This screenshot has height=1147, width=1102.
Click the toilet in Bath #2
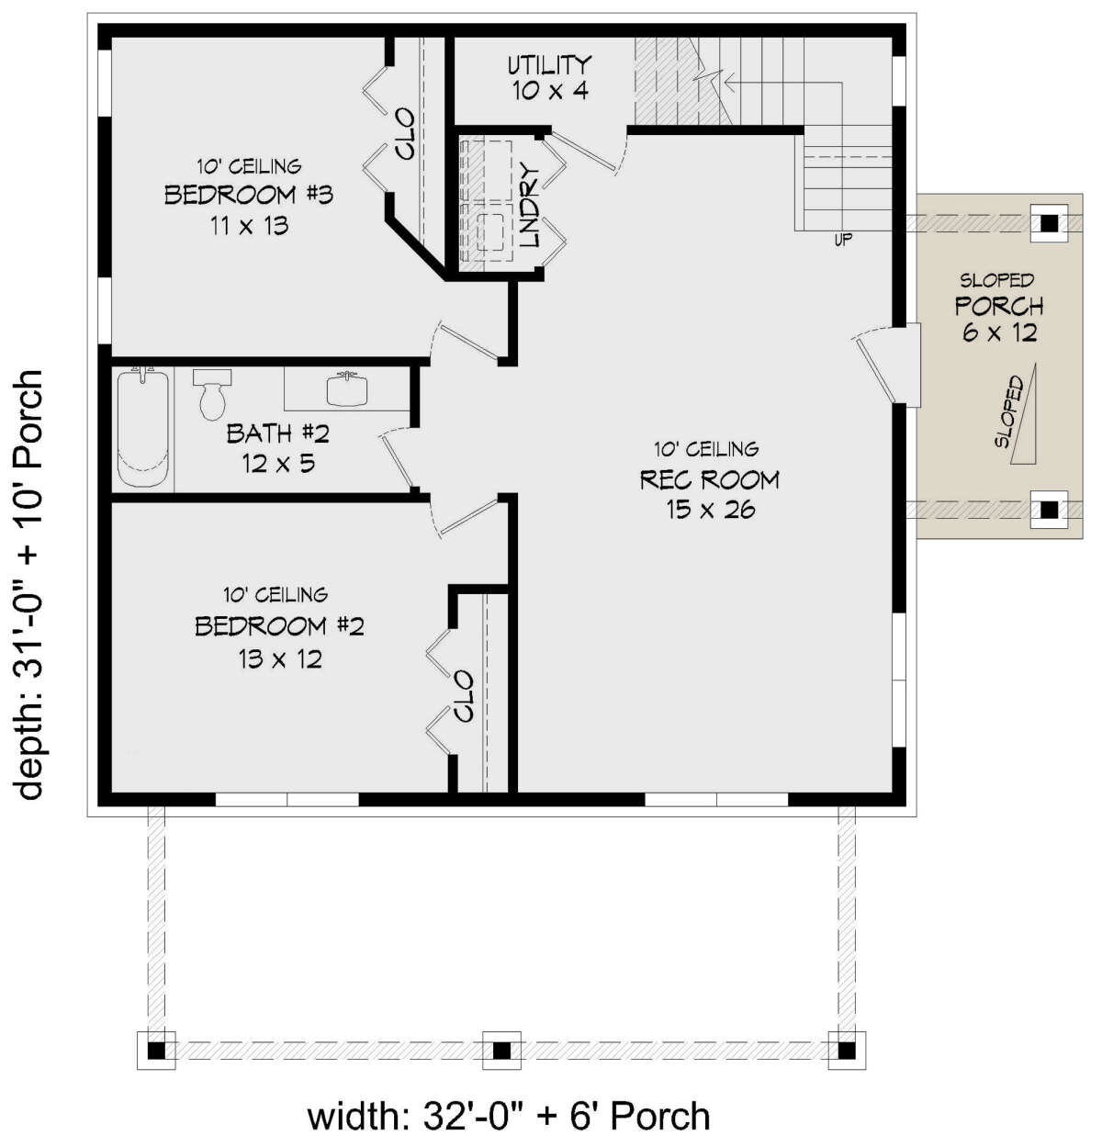click(211, 394)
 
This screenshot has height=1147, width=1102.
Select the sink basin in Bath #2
click(347, 388)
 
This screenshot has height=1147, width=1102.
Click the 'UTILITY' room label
click(549, 65)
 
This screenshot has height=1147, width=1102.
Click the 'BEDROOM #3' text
click(249, 195)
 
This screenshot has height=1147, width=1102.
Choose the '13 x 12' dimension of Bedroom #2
click(280, 658)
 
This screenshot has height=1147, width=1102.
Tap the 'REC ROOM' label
click(710, 479)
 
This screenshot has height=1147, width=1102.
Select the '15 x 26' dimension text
click(710, 510)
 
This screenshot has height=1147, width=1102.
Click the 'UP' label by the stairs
click(843, 240)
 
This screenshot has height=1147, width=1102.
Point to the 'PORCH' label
click(999, 306)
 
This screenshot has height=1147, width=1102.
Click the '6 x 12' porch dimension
click(999, 333)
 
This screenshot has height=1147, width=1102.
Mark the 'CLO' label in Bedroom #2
click(465, 696)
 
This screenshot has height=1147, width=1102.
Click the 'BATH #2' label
click(277, 434)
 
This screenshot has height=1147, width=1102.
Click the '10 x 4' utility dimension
click(550, 92)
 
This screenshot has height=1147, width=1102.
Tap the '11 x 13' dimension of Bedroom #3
click(250, 225)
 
